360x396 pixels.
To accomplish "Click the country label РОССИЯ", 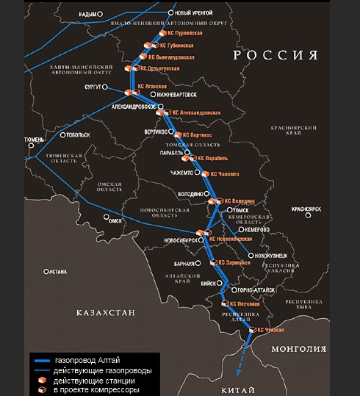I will point(276,56).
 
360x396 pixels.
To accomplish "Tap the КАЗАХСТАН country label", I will point(107,314).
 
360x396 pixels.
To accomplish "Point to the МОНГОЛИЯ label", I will point(298,350).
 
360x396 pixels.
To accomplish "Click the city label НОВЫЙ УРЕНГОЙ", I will point(193,13).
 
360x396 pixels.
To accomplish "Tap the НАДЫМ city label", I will point(88,14).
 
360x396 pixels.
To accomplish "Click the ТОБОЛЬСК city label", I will point(77,135).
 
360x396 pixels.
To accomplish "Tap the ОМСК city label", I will point(115,219).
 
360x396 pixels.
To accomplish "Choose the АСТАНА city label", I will point(56,272).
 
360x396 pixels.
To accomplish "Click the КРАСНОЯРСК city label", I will point(307,209).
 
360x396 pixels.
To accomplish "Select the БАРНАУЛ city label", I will point(187,262).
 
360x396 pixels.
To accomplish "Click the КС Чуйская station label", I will point(269,331).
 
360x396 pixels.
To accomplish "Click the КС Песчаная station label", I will point(245,303).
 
